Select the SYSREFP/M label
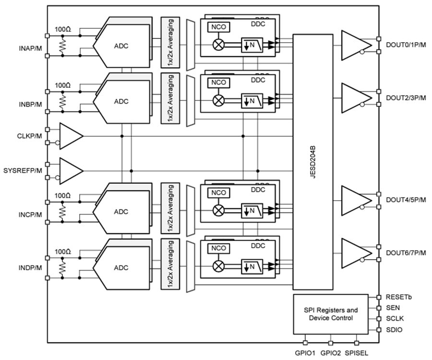[22, 170]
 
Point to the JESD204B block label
[312, 162]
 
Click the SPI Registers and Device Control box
[331, 314]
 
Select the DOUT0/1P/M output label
[406, 46]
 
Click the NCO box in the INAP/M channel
[218, 28]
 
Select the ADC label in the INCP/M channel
[121, 212]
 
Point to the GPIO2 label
[330, 352]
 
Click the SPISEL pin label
[357, 352]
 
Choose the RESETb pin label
[398, 297]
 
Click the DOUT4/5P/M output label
[406, 200]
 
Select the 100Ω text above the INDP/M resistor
[62, 252]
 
